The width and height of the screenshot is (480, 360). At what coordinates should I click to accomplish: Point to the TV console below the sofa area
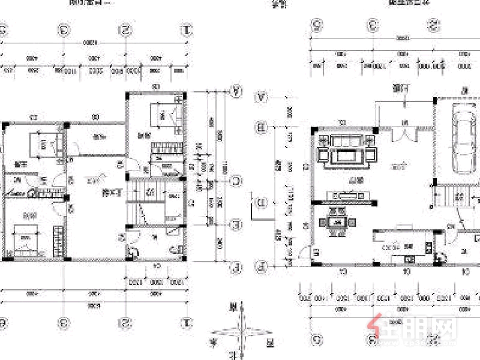point(346,195)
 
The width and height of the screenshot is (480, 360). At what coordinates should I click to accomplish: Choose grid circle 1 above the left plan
point(187,29)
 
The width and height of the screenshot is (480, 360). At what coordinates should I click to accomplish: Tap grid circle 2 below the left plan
point(125,323)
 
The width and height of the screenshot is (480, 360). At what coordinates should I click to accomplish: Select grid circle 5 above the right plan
point(316,25)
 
